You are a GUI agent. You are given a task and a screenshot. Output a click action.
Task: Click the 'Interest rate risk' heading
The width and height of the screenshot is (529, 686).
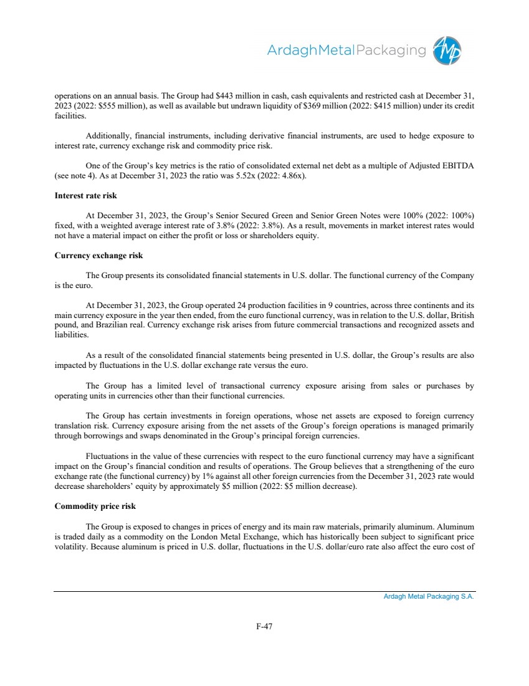[x=86, y=196]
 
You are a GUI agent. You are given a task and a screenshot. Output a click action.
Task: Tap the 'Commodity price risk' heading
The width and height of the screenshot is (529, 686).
[x=95, y=506]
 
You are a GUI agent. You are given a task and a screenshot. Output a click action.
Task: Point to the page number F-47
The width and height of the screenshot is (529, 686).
[x=265, y=626]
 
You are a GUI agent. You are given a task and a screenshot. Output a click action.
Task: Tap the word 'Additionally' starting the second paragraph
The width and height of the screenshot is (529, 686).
[x=107, y=136]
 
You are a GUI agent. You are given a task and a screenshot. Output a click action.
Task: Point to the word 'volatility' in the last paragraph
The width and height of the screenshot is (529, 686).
[x=70, y=544]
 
